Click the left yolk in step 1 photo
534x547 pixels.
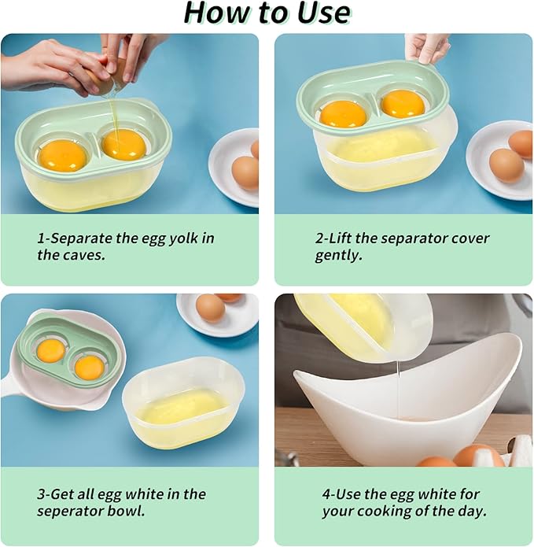(x=62, y=154)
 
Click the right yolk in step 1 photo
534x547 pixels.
(x=124, y=144)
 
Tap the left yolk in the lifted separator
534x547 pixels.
(x=343, y=113)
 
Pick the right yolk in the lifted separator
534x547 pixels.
(x=403, y=103)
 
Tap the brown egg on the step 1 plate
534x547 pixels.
(x=245, y=172)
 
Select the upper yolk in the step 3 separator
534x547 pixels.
(x=51, y=350)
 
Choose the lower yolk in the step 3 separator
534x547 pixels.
(x=89, y=366)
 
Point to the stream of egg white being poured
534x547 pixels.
(x=400, y=386)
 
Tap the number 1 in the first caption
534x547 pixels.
(x=41, y=238)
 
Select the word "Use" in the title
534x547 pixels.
(x=321, y=13)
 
